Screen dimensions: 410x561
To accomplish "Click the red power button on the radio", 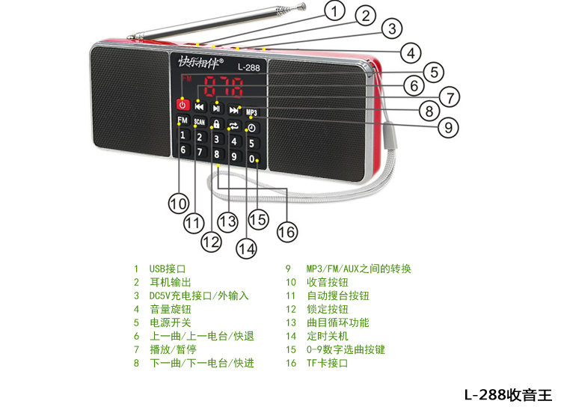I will [x=181, y=104].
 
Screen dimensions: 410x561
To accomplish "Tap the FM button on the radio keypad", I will [x=183, y=120].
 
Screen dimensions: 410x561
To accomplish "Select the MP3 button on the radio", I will [x=251, y=113].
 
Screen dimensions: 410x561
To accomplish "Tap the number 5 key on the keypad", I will [x=251, y=143].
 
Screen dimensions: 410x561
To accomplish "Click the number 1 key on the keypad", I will [x=183, y=135].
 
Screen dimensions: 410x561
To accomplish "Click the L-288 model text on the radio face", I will [x=248, y=67].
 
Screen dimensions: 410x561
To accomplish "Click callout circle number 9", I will [x=447, y=127].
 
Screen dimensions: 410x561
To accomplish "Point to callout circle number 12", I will [x=211, y=242].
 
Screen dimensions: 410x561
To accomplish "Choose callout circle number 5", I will [x=432, y=72].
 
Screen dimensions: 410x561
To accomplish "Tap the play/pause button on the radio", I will [x=216, y=108].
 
